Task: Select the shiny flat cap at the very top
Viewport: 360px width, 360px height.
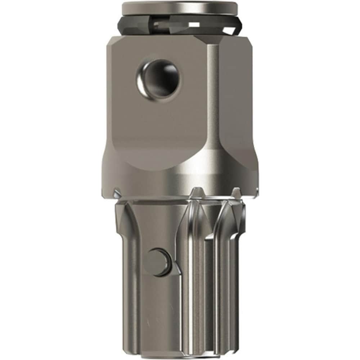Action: point(180,7)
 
